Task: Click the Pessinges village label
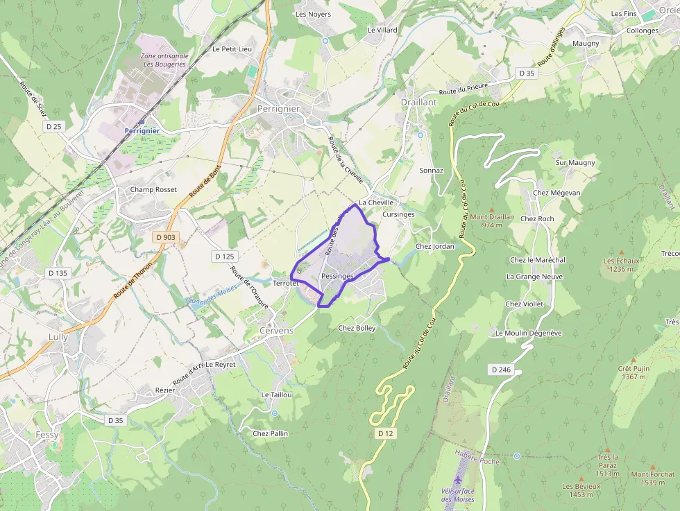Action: [338, 276]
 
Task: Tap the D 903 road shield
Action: [166, 237]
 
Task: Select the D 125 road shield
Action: [224, 257]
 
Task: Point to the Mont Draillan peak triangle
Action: [492, 209]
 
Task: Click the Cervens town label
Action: [276, 331]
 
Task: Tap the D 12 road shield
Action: [386, 433]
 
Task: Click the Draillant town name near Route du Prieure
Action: [418, 102]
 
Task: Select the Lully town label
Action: [58, 336]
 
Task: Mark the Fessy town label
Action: [47, 435]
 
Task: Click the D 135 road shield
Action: [57, 273]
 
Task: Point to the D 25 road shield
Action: [53, 126]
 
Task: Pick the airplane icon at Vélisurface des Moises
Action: [457, 479]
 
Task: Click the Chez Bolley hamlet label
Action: [357, 328]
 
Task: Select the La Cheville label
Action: [376, 202]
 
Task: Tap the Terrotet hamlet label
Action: [286, 284]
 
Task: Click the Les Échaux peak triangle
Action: [621, 252]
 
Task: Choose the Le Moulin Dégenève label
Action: [528, 333]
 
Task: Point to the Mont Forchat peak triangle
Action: [653, 466]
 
